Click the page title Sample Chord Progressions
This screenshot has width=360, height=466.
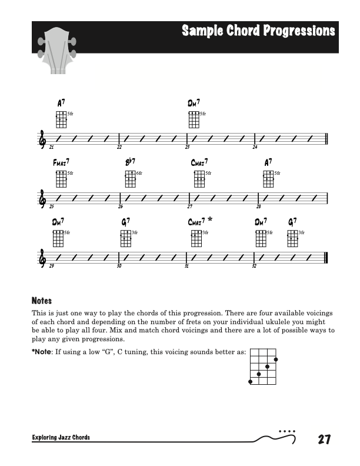click(x=258, y=31)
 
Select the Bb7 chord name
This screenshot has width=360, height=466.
click(x=130, y=162)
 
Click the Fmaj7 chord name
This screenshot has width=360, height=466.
click(x=61, y=162)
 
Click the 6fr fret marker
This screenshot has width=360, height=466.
click(x=139, y=174)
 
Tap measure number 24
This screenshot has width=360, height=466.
click(x=255, y=147)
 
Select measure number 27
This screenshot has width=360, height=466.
click(x=189, y=207)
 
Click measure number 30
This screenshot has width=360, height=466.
click(x=119, y=267)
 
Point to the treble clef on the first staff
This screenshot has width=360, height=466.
click(x=42, y=139)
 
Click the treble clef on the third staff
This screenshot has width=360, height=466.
click(x=42, y=258)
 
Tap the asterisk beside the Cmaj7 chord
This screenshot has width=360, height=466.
click(x=210, y=219)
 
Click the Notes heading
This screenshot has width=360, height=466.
click(x=42, y=300)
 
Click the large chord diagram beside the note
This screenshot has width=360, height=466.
click(x=263, y=365)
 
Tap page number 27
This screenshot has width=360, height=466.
click(x=323, y=439)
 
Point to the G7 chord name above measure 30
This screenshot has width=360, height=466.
click(x=125, y=222)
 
